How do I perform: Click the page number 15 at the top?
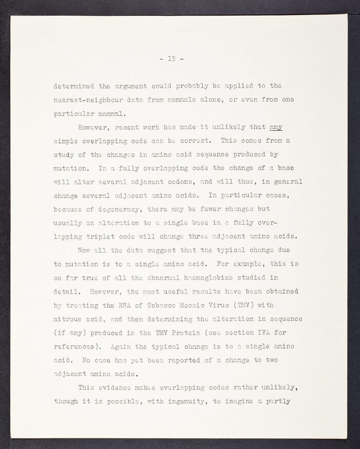pos(180,58)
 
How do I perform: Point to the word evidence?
pos(118,387)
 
